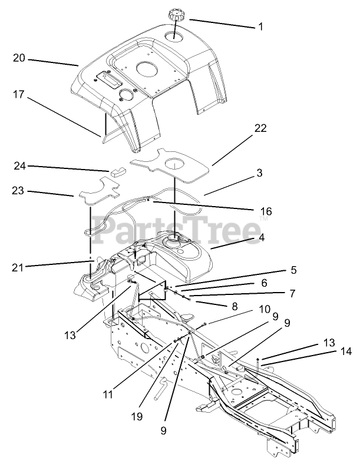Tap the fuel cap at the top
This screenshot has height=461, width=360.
[x=176, y=14]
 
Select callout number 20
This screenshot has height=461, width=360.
[x=19, y=58]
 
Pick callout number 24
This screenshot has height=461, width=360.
[x=19, y=167]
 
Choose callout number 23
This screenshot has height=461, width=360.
[x=19, y=191]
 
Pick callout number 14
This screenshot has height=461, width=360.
[x=346, y=351]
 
